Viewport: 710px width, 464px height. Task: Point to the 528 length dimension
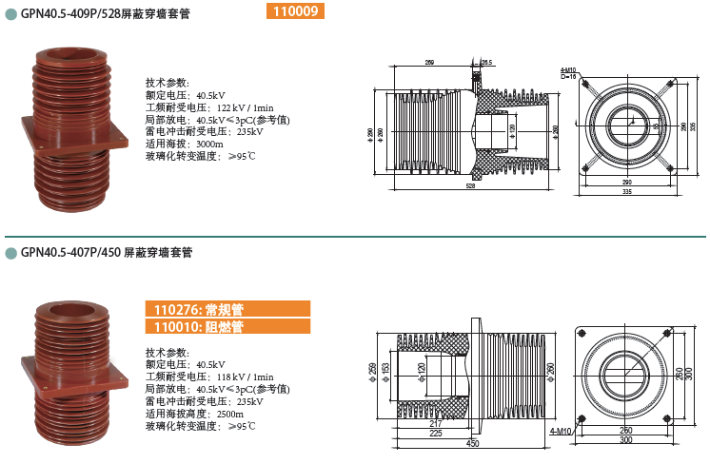(x=470, y=186)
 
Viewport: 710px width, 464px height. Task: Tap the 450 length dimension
(x=472, y=443)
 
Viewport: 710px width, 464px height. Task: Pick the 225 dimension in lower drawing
(x=434, y=434)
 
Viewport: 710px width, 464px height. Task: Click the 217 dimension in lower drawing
(x=436, y=424)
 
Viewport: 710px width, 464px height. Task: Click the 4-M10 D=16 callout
(x=568, y=73)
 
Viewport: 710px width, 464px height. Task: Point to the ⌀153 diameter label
(x=385, y=368)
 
